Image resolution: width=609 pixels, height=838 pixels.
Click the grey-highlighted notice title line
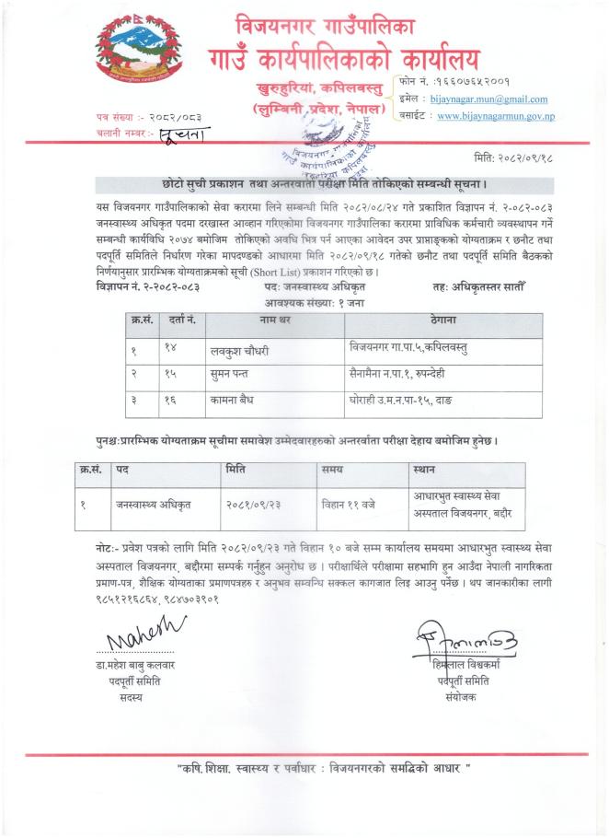pyautogui.click(x=304, y=184)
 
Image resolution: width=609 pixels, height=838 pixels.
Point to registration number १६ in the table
pyautogui.click(x=169, y=403)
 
